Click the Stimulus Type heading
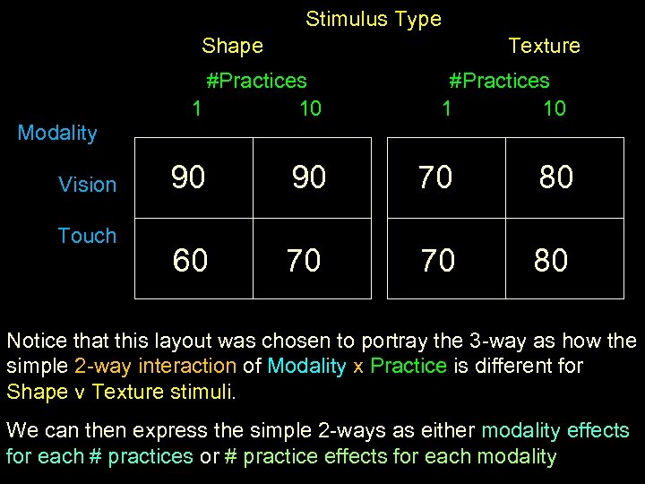pos(373,19)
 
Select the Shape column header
pos(232,46)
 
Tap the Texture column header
pos(544,46)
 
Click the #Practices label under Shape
pos(256,81)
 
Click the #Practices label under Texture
pos(499,81)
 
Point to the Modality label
pos(57,134)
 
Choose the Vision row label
pos(87,185)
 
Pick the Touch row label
pos(87,236)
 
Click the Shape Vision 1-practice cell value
pos(188,177)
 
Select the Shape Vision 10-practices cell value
pos(309,177)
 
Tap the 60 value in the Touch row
pos(190,261)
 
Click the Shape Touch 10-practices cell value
pos(304,261)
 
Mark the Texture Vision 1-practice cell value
pos(435,177)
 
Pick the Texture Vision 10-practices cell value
pos(555,177)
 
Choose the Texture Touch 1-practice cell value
pos(438,261)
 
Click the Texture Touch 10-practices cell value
pos(551,261)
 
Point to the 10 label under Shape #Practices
pos(310,109)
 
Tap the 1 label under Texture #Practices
pos(446,109)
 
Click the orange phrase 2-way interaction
pos(156,366)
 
